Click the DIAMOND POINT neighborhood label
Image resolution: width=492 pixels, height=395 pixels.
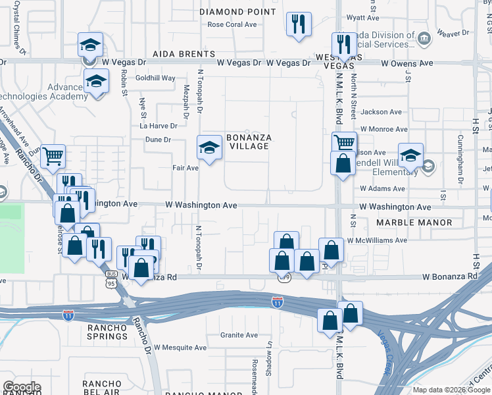tap(237, 12)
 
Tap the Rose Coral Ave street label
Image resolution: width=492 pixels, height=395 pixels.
tap(232, 24)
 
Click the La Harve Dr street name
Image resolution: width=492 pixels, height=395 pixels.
tap(159, 126)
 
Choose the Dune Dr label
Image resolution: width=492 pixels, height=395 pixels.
tap(158, 140)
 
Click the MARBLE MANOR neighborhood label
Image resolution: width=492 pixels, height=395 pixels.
tap(414, 223)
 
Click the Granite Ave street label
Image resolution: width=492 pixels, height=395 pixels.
tap(239, 334)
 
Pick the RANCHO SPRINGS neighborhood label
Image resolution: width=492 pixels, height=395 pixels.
tap(106, 332)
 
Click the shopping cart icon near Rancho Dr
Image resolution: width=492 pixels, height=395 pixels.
tap(53, 157)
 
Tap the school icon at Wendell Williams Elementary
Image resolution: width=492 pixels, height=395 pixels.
tap(410, 155)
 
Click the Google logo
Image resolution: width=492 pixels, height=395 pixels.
tap(22, 387)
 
